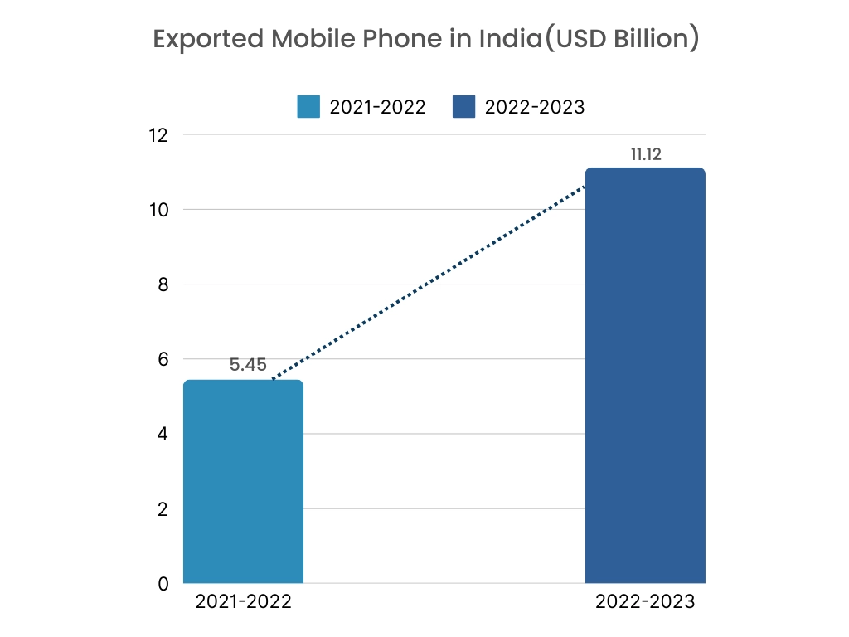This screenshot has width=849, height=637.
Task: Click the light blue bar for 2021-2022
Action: tap(243, 481)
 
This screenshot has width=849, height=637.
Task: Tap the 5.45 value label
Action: tap(248, 365)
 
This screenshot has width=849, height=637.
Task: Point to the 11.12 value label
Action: tap(645, 153)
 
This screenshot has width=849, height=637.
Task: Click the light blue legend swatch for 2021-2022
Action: tap(308, 107)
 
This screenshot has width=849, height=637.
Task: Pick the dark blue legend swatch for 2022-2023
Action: tap(463, 107)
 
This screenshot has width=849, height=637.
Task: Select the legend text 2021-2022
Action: tap(377, 107)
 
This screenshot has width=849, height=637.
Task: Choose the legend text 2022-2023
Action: tap(535, 107)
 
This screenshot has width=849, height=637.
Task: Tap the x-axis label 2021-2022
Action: tap(243, 603)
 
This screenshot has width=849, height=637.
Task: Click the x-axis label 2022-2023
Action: tap(645, 603)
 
